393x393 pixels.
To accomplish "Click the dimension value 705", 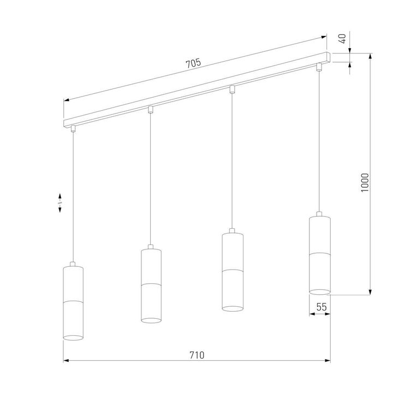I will [x=193, y=63].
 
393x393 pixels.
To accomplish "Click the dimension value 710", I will [x=196, y=355].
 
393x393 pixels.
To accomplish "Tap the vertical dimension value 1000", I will [x=365, y=183].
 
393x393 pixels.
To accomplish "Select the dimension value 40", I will [x=343, y=39].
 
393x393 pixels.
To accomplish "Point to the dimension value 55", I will [x=321, y=308].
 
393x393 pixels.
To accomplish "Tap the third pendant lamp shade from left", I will [x=231, y=271].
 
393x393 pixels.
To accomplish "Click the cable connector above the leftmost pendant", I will [x=73, y=129].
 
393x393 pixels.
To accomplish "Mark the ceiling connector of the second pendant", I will [x=151, y=110].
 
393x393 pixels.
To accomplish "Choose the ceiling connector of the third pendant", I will [x=232, y=88].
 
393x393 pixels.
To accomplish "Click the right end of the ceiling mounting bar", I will [x=329, y=57].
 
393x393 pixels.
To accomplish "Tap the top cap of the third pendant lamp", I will [x=231, y=231].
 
